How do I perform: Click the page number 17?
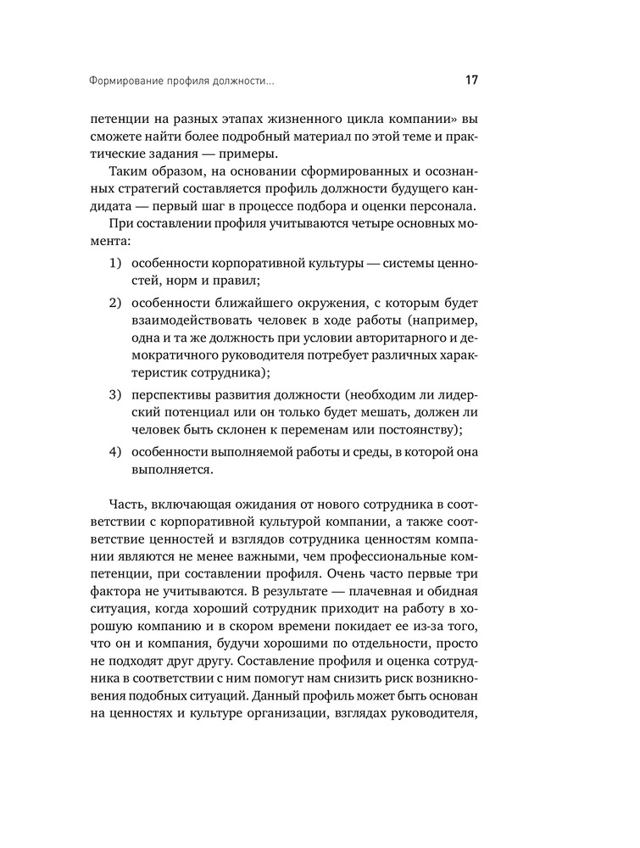(x=471, y=81)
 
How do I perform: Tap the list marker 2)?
(x=114, y=304)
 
